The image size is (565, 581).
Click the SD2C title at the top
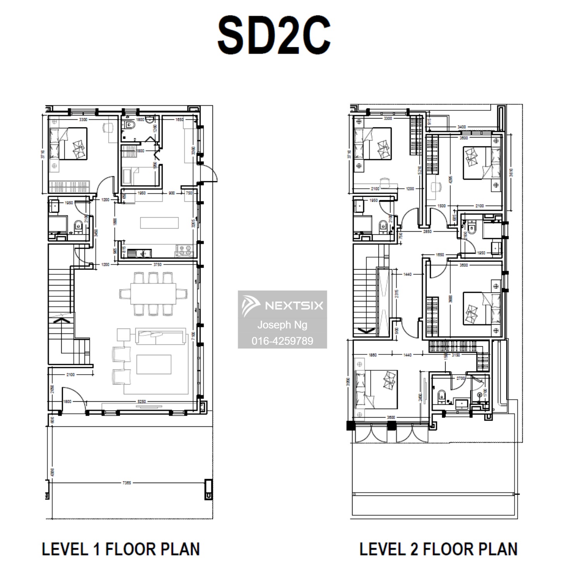(274, 36)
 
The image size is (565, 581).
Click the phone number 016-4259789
(282, 341)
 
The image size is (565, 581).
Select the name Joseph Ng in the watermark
(282, 325)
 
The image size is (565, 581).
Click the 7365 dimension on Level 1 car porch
(126, 483)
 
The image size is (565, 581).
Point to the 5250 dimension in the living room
(142, 401)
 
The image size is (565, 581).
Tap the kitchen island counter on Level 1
(159, 223)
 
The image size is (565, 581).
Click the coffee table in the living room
(154, 364)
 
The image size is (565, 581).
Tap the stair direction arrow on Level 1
(60, 320)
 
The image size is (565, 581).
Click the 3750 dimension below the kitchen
(157, 265)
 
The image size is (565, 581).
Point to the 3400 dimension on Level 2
(461, 127)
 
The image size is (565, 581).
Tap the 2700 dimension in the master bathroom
(460, 378)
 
